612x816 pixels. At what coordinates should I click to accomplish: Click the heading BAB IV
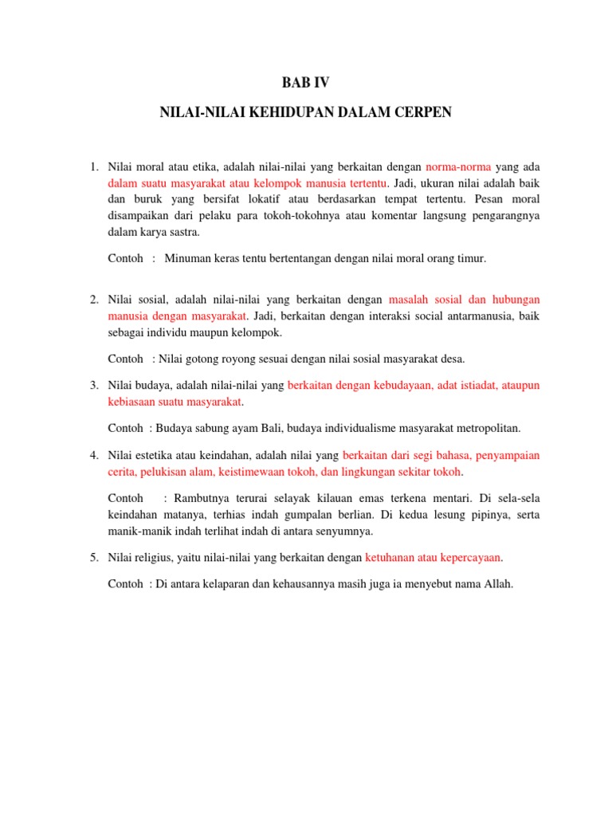coord(305,82)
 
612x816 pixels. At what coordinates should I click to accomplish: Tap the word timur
coord(468,258)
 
